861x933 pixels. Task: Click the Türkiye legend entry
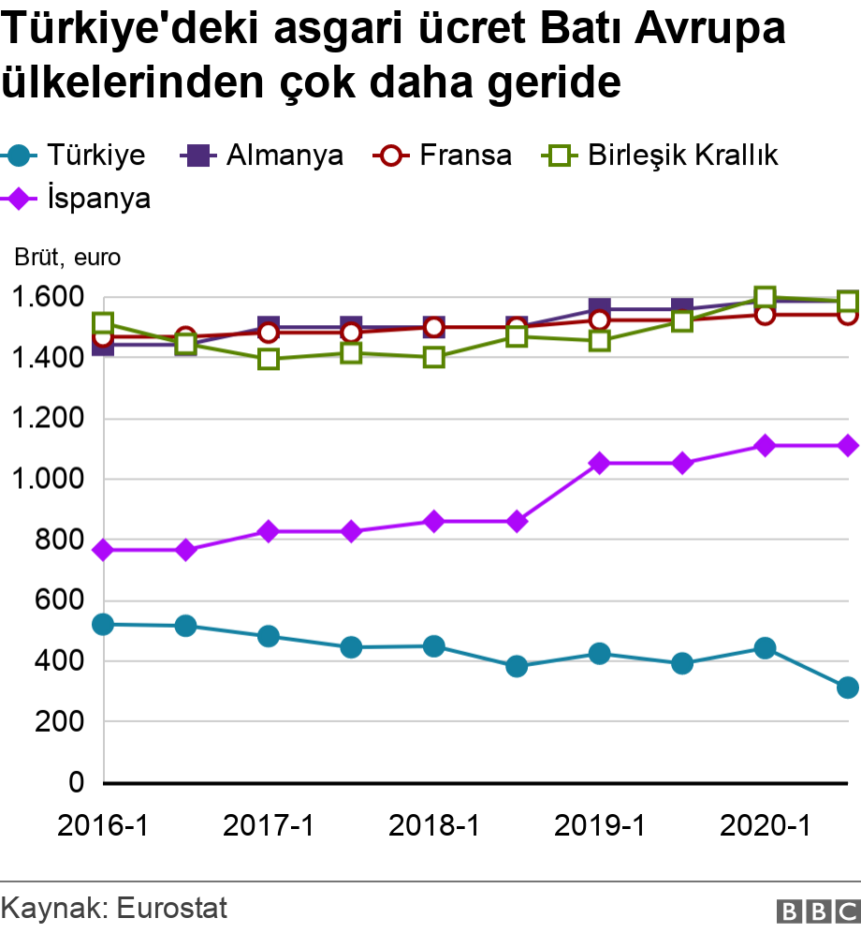coord(77,155)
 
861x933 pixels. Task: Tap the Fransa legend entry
coord(443,155)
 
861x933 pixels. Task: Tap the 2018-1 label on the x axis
coord(434,825)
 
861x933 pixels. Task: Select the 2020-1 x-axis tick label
coord(765,825)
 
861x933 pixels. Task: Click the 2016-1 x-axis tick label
coord(103,825)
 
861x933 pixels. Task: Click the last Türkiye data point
coord(848,688)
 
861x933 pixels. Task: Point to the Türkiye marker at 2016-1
coord(103,624)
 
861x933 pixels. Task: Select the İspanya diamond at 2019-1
coord(600,463)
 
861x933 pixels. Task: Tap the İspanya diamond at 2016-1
coord(103,550)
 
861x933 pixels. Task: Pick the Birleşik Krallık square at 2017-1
coord(269,359)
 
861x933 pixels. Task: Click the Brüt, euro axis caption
coord(67,257)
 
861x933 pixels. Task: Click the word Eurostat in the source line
coord(172,908)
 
